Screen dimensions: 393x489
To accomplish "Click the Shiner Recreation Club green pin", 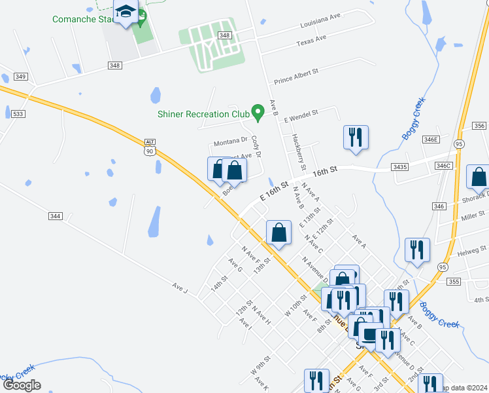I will (x=258, y=112).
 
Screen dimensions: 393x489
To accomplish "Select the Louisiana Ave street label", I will (x=321, y=24).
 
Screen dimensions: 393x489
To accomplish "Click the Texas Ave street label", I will (x=311, y=39).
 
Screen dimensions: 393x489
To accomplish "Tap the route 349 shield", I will (x=21, y=77).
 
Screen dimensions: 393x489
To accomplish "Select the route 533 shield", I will (x=18, y=114).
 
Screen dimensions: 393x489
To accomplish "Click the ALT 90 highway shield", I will (x=150, y=147).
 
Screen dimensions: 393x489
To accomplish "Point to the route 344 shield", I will (x=55, y=215).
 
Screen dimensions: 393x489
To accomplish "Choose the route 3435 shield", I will (x=399, y=167).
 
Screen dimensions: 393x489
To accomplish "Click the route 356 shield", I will (x=480, y=126).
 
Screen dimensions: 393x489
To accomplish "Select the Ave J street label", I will (x=180, y=287).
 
